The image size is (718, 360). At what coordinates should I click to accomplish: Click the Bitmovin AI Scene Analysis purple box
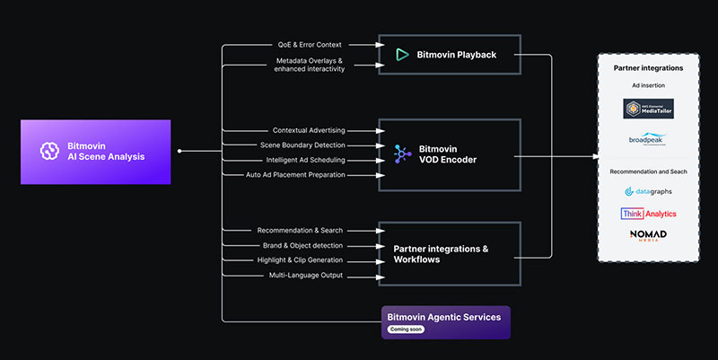(95, 151)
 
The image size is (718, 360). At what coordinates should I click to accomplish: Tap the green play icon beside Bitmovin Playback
(400, 55)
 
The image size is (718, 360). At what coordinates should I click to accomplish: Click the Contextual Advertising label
(308, 130)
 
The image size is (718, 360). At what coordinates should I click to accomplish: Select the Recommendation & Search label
(299, 231)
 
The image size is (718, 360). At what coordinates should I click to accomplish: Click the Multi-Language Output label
(305, 275)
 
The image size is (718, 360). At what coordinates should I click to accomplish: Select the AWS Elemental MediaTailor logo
(648, 109)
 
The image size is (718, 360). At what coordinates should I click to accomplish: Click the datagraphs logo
(648, 191)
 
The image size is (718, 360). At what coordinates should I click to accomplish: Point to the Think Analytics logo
(648, 214)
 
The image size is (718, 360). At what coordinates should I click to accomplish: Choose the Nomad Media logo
(648, 236)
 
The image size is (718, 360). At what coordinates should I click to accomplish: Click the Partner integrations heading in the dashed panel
(648, 68)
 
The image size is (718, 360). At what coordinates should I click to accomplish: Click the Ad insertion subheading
(648, 85)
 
